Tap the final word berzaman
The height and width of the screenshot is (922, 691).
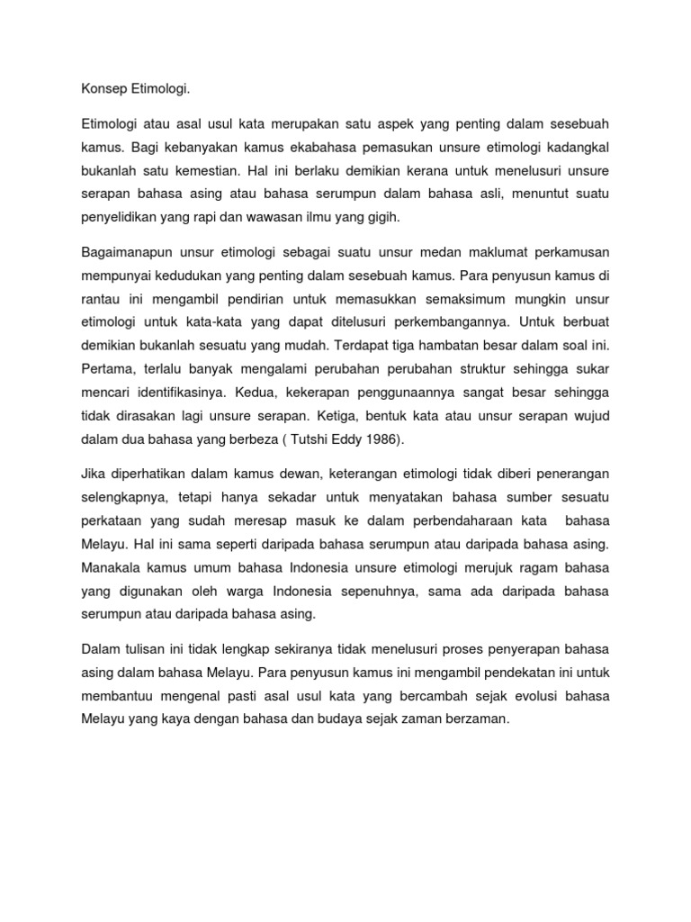[x=478, y=719]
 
